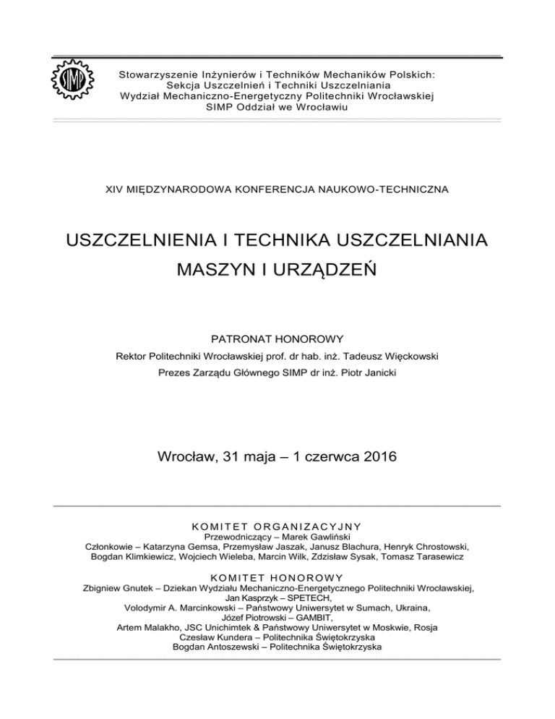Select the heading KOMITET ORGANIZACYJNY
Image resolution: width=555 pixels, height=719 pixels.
[x=277, y=526]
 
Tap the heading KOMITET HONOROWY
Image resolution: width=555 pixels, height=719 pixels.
[x=277, y=577]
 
